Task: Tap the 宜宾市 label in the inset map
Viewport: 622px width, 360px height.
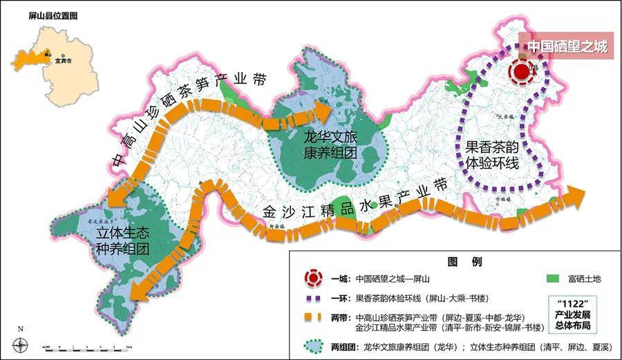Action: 64,60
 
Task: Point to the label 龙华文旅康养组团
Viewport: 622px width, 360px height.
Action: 329,144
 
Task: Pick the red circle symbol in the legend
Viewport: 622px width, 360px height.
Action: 314,279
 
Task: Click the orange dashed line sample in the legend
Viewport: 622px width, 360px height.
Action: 314,319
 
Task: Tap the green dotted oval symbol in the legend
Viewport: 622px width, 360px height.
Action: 314,346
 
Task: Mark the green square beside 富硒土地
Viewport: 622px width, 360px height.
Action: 552,279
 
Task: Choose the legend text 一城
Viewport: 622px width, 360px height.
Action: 339,279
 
